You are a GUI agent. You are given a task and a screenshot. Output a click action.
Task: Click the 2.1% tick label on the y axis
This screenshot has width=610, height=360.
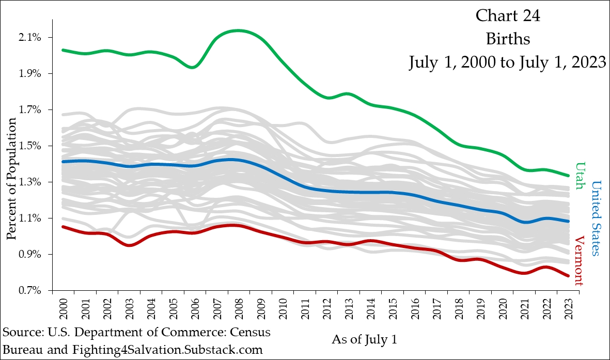tap(30, 38)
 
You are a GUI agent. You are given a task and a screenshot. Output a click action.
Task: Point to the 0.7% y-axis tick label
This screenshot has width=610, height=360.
tap(30, 291)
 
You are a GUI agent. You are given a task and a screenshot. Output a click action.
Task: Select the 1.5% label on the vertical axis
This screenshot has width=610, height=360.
tap(30, 146)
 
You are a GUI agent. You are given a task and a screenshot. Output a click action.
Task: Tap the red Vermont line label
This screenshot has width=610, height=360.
tap(580, 261)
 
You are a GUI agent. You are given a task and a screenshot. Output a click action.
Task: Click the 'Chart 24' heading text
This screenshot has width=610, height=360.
tap(507, 17)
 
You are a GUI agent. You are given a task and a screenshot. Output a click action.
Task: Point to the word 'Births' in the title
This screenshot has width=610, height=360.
tap(507, 39)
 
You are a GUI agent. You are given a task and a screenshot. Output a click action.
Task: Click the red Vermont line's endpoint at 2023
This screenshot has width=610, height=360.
tap(568, 276)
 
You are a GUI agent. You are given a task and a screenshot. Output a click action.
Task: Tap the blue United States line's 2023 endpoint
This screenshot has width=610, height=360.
tap(568, 221)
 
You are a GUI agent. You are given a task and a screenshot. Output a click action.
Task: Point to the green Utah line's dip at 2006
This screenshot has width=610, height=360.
tap(192, 67)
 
